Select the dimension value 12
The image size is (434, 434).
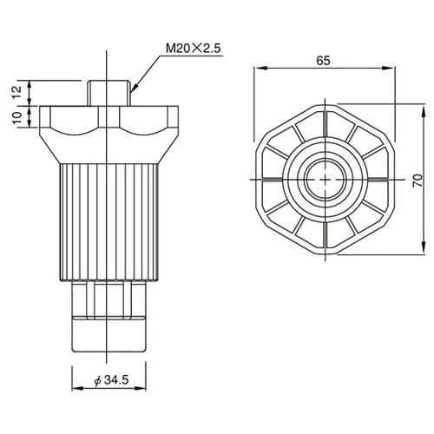tap(16, 91)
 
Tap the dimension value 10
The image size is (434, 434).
tap(16, 117)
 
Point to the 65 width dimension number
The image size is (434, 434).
tap(322, 61)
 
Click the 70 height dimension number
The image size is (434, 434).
tap(418, 179)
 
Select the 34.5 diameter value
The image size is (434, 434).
tap(113, 379)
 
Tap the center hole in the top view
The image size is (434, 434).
tap(323, 179)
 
